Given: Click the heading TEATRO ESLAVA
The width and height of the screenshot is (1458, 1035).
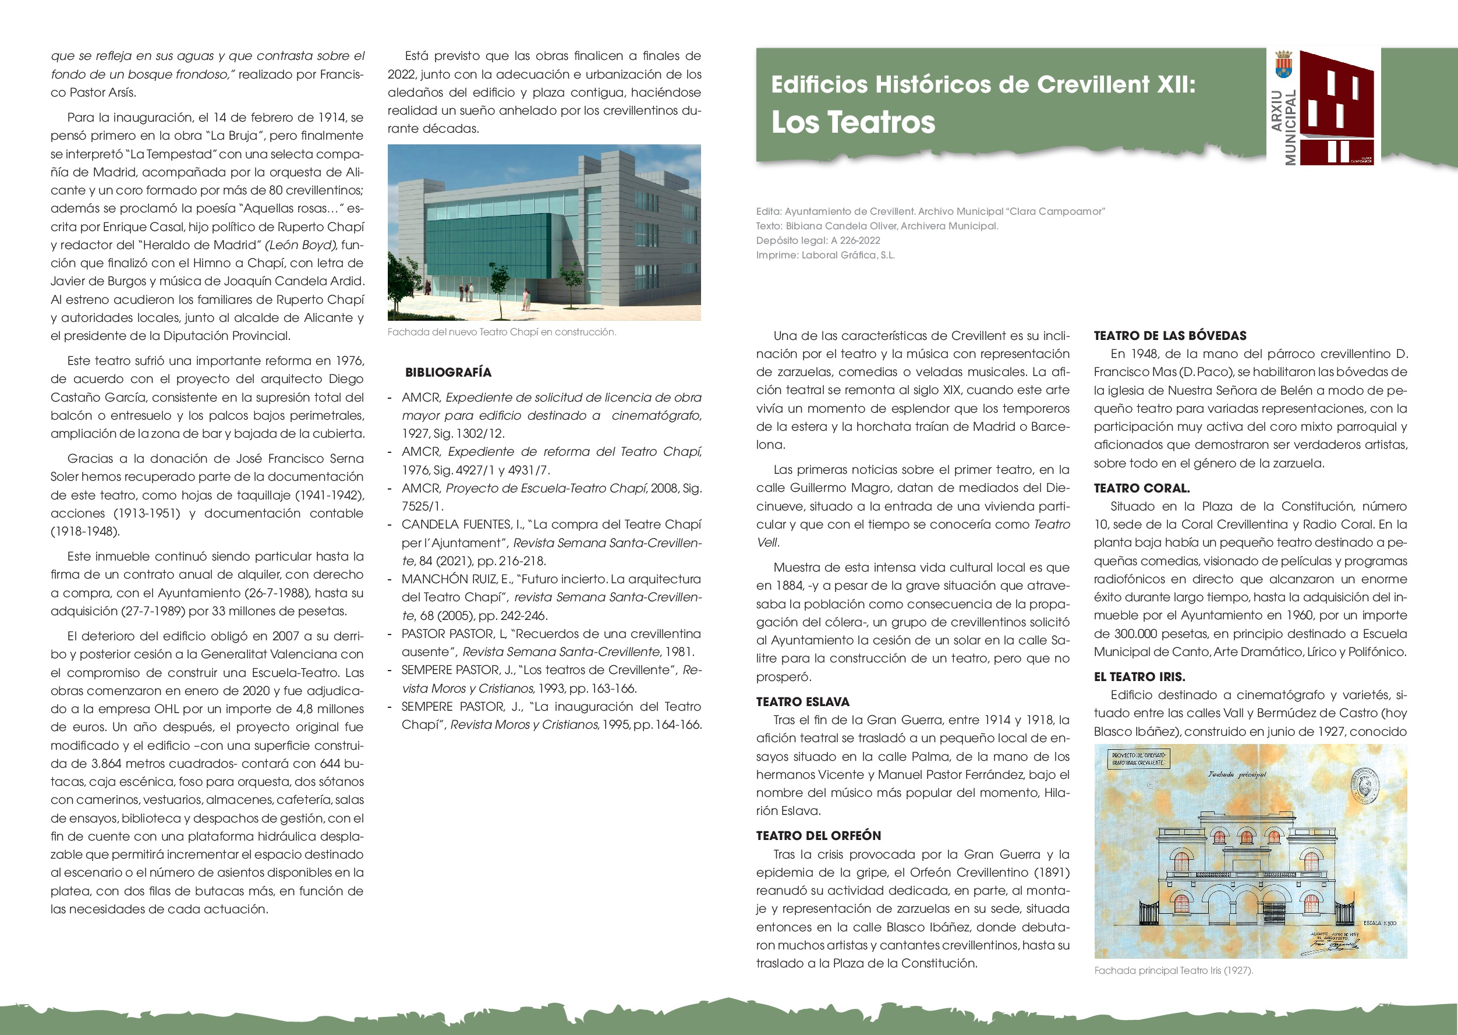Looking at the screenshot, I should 802,701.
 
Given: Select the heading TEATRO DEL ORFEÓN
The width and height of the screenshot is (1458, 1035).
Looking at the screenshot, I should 819,835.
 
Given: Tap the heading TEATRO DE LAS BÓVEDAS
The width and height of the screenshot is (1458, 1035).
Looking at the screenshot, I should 1170,336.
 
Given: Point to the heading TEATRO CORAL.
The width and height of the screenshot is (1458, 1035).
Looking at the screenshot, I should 1142,488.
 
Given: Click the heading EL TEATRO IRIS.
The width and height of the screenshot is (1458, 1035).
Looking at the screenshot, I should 1139,677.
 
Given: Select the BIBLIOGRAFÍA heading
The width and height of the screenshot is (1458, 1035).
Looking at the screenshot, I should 448,372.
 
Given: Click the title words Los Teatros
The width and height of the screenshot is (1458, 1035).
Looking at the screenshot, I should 853,122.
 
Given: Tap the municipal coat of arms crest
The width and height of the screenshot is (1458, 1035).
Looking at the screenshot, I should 1283,65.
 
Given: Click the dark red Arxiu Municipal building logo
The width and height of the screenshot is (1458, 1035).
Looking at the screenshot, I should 1336,108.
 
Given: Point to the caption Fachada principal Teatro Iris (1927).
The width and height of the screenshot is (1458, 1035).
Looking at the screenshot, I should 1173,970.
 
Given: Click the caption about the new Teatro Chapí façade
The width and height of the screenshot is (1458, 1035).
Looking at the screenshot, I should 502,332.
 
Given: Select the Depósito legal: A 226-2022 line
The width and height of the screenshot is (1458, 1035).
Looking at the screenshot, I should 818,240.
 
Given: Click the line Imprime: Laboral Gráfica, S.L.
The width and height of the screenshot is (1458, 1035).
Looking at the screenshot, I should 825,255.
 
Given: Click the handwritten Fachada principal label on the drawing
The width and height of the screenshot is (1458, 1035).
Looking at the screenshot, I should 1237,774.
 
